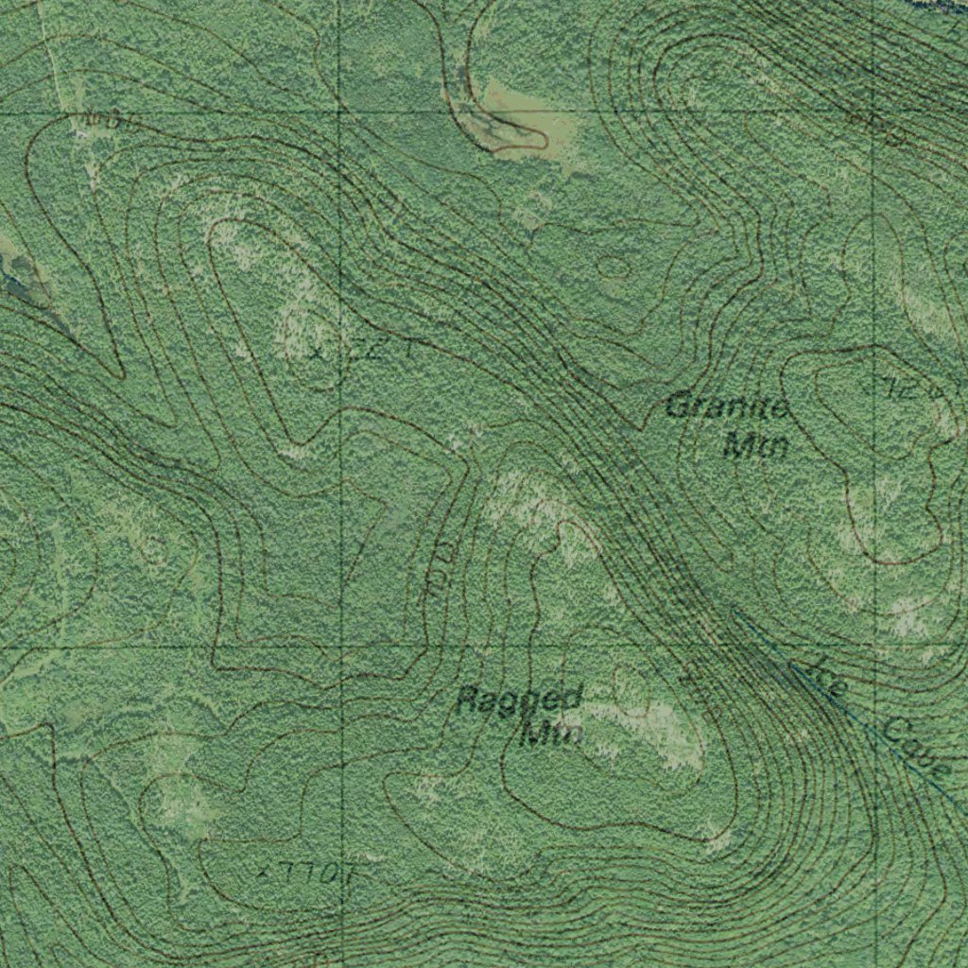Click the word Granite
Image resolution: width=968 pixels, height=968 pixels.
pos(727,408)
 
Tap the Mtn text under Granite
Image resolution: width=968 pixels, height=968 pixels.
pos(755,443)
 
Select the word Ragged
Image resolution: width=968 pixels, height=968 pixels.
pos(519,700)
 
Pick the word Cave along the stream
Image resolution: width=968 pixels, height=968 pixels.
pos(917,746)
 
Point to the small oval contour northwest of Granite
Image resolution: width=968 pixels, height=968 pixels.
pos(615,266)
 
